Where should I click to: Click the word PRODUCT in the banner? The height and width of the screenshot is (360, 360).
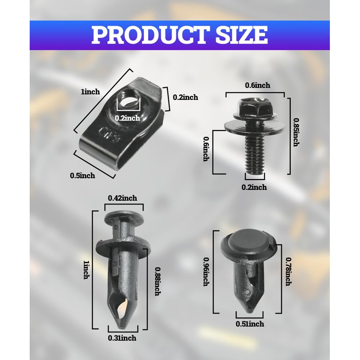coord(151,35)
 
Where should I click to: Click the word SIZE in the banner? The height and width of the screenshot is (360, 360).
coord(242,35)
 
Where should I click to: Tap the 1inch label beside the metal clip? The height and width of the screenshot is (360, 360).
coord(90,92)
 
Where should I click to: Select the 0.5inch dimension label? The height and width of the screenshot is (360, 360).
coord(82,175)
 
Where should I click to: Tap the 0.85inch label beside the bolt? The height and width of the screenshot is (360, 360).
coord(297,132)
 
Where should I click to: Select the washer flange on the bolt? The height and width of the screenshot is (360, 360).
coord(255,127)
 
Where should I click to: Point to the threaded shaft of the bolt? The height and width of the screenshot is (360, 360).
coord(255,154)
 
